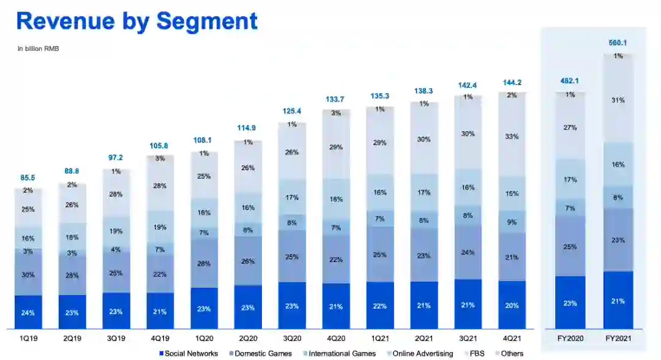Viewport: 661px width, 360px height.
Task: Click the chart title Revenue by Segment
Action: point(136,21)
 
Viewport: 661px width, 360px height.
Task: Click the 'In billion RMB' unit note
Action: point(38,48)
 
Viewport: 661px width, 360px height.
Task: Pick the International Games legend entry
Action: point(340,353)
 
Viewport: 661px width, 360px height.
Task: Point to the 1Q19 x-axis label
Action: point(28,338)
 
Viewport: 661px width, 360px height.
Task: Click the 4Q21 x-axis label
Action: point(512,338)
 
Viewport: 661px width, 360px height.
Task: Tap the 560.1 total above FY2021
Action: point(618,43)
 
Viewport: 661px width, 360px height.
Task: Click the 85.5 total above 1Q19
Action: point(28,178)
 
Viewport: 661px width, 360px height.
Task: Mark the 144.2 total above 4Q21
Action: point(512,82)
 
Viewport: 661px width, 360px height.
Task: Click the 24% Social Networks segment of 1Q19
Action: point(28,313)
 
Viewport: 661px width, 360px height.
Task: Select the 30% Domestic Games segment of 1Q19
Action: point(28,275)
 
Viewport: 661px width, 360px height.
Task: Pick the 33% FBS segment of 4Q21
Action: point(512,137)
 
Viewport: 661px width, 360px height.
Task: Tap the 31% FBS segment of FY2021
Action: point(618,100)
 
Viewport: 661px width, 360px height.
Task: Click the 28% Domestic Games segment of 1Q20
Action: point(204,264)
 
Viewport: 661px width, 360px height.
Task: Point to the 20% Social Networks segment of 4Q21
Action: point(512,306)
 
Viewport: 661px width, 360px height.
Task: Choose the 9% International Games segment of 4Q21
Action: point(512,222)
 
